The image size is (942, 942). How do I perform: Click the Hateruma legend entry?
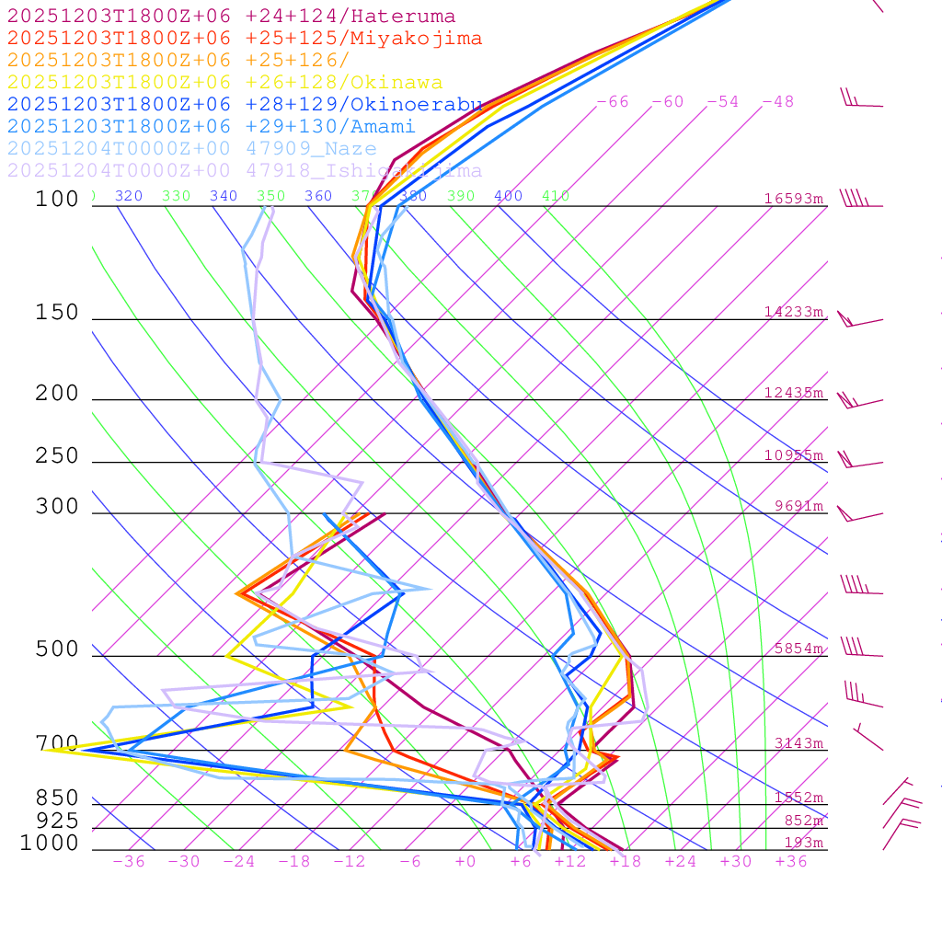coord(231,17)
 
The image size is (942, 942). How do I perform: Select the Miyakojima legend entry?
coord(244,39)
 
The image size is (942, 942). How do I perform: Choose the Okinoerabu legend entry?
coord(244,105)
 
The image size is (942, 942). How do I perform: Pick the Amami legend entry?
coord(211,127)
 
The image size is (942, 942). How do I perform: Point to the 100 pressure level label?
coord(57,199)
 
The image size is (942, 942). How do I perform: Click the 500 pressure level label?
coord(57,649)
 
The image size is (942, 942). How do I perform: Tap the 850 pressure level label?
coord(57,798)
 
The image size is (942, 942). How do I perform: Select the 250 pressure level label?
coord(57,456)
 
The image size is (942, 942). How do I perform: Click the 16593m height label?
coord(793,199)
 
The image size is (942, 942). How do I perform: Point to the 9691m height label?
coord(798,506)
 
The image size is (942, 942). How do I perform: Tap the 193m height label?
coord(803,844)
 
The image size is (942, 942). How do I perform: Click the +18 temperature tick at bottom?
coord(625,862)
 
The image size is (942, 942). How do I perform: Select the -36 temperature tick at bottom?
coord(128,862)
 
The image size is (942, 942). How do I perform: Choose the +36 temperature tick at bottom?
coord(790,862)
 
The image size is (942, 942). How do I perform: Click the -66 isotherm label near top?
coord(612,102)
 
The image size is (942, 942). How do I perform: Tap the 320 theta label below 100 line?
coord(128,196)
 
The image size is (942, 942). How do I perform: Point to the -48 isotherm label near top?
coord(777,102)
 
